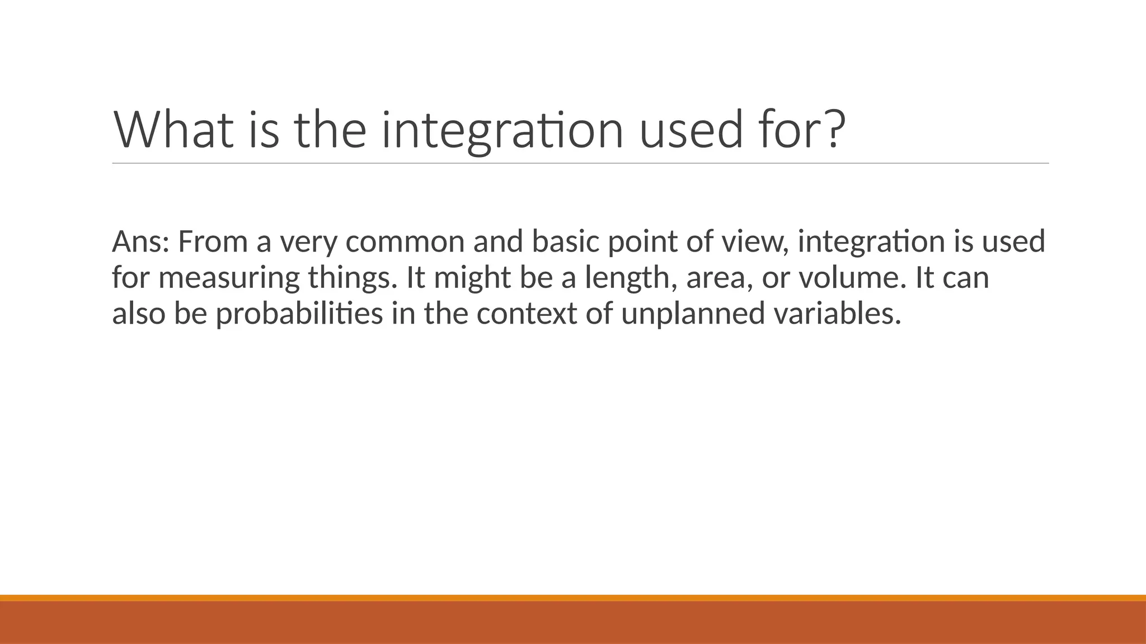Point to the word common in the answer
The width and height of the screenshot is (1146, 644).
[x=405, y=241]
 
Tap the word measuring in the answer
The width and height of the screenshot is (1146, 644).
[x=229, y=277]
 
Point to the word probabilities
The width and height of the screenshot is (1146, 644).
[x=299, y=313]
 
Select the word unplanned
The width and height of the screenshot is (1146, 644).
[x=692, y=313]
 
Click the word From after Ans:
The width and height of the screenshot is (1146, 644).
[x=213, y=241]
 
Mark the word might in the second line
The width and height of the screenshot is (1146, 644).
[x=472, y=277]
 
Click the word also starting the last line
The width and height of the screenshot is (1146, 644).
[x=139, y=313]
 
